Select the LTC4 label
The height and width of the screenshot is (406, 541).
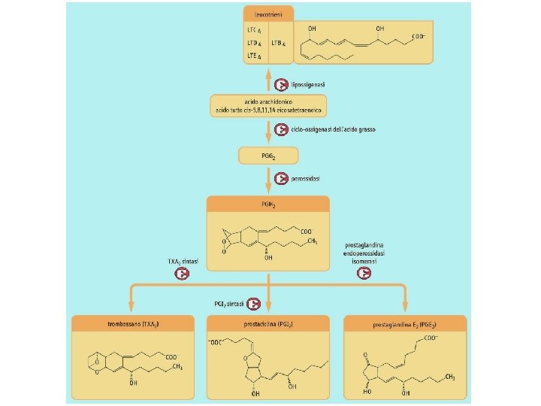coord(254,30)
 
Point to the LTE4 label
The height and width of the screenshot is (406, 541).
coord(254,56)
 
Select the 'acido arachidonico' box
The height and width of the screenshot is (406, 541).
coord(268,105)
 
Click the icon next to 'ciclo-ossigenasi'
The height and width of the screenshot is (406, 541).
coord(280,129)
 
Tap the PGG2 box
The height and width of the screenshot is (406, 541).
coord(268,155)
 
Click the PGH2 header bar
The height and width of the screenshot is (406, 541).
coord(268,203)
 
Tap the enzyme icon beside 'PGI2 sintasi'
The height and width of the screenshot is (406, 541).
coord(255,304)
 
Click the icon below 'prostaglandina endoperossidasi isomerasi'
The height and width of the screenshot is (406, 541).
coord(364,273)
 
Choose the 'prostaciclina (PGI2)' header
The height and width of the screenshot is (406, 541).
coord(268,323)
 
